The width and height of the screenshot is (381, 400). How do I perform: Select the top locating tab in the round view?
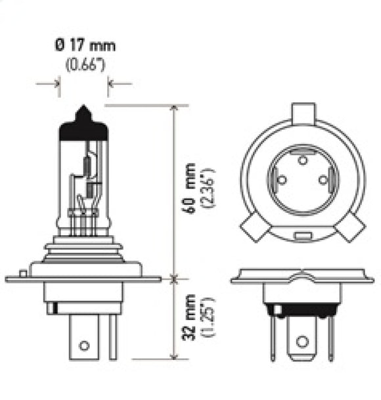303,112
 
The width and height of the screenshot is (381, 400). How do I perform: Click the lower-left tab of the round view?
254,229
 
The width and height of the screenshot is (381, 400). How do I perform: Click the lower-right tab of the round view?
350,229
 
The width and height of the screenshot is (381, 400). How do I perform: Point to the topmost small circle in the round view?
303,160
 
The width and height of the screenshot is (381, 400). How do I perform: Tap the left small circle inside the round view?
281,180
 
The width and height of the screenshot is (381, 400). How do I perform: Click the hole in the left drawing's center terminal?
84,345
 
